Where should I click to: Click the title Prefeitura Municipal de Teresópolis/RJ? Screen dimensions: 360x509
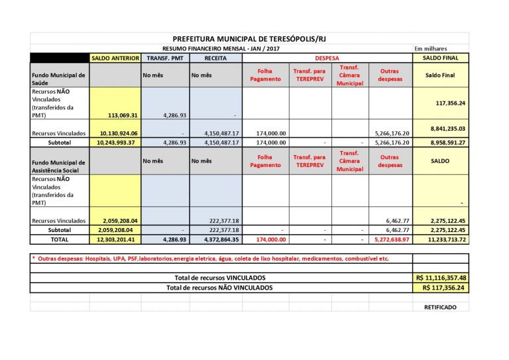tap(249, 39)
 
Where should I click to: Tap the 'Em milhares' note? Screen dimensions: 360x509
tap(431, 48)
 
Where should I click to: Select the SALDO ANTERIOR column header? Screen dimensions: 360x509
tap(115, 58)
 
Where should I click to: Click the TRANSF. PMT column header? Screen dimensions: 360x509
tap(164, 58)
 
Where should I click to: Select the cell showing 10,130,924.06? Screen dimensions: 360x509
tap(118, 133)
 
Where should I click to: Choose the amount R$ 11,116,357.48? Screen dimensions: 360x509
tap(441, 278)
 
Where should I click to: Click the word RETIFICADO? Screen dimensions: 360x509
tap(441, 308)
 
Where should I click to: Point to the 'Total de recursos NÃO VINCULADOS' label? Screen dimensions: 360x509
tap(219, 288)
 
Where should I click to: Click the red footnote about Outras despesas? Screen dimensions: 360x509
tap(211, 258)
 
